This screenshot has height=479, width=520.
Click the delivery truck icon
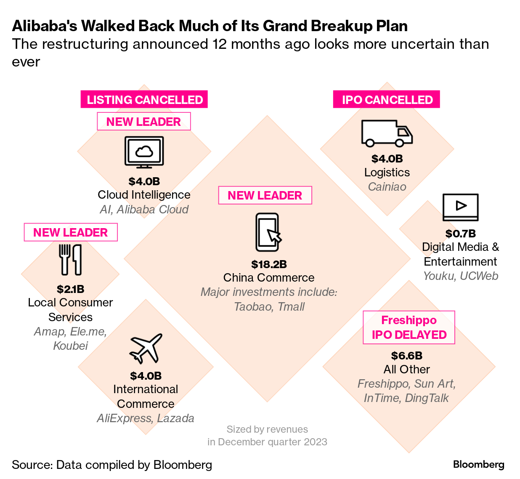click(x=387, y=133)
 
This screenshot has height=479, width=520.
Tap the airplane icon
click(x=146, y=349)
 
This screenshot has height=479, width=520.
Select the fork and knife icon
click(x=70, y=260)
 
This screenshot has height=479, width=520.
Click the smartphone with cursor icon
click(x=268, y=232)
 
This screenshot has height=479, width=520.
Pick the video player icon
click(x=460, y=207)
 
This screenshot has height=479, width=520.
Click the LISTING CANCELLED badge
click(x=144, y=100)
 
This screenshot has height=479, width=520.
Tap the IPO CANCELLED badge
click(x=387, y=100)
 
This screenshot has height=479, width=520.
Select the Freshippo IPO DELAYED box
click(x=409, y=327)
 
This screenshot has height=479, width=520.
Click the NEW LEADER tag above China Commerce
click(x=265, y=195)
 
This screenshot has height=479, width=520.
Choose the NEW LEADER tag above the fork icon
click(x=71, y=232)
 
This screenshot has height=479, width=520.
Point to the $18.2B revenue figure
click(x=269, y=264)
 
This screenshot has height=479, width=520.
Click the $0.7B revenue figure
click(x=460, y=234)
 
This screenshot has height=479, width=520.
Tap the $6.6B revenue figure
click(x=406, y=356)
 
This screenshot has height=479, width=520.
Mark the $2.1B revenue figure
click(x=70, y=289)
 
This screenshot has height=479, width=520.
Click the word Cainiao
click(x=387, y=187)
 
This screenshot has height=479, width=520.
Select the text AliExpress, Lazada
click(x=146, y=418)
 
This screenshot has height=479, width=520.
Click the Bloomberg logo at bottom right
click(x=478, y=465)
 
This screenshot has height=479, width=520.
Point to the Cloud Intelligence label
click(x=144, y=195)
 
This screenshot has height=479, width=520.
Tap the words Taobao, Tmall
click(x=269, y=306)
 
